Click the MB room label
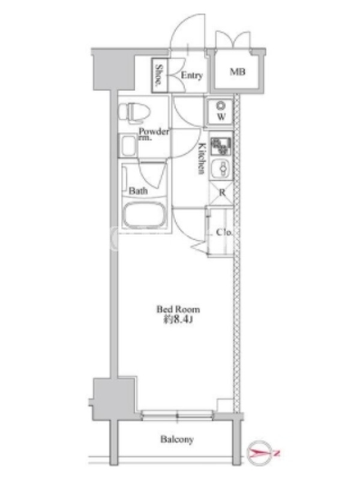tap(238, 72)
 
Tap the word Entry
tap(192, 76)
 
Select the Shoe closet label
tap(159, 76)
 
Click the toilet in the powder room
tap(134, 113)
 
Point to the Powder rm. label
tap(154, 134)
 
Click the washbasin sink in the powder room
tap(128, 146)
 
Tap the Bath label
tap(139, 191)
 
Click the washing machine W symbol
tap(221, 112)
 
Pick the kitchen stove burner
tap(221, 146)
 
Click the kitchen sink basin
tap(221, 169)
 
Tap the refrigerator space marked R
tap(221, 193)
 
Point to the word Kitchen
tap(202, 158)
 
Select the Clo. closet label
tap(224, 232)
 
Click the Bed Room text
tap(178, 309)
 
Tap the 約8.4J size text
tap(178, 320)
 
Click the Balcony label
tap(177, 440)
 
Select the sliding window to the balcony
tap(177, 415)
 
